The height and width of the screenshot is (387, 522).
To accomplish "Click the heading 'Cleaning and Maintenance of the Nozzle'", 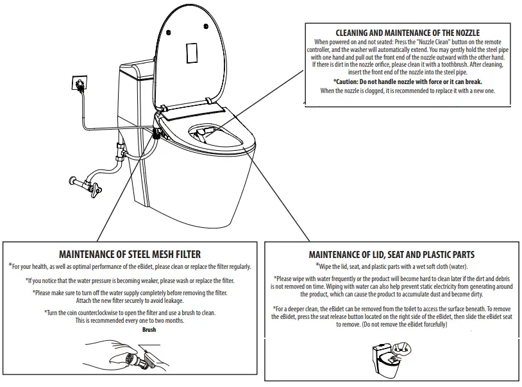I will click(x=407, y=33).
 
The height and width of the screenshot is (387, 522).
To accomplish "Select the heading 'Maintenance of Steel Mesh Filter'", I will click(x=130, y=254).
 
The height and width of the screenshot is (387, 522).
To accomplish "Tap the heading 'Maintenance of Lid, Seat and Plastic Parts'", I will click(x=391, y=255).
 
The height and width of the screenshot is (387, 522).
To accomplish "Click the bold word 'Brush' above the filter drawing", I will click(x=149, y=330).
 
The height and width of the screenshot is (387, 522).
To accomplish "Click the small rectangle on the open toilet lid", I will click(x=190, y=53).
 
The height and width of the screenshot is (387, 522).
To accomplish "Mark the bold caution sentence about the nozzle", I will click(x=407, y=82).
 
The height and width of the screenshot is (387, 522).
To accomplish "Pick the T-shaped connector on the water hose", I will click(x=120, y=152).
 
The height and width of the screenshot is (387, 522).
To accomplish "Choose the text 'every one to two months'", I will click(x=150, y=320).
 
